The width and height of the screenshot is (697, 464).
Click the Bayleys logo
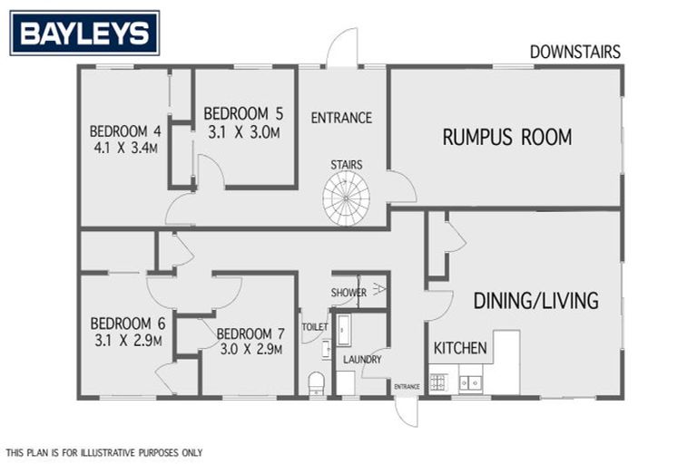pyautogui.click(x=84, y=34)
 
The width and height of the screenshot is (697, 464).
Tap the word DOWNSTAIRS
pyautogui.click(x=575, y=52)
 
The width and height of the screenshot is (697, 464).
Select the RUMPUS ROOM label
pyautogui.click(x=506, y=137)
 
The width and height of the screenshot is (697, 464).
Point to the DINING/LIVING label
pyautogui.click(x=535, y=301)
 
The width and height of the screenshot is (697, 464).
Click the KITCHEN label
pyautogui.click(x=460, y=348)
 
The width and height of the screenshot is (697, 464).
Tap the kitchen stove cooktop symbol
pyautogui.click(x=438, y=382)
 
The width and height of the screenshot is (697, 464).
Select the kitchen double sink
pyautogui.click(x=470, y=382)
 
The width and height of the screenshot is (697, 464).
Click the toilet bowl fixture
pyautogui.click(x=317, y=382)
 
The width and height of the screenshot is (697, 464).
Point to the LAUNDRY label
pyautogui.click(x=362, y=360)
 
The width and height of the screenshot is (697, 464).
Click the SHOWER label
pyautogui.click(x=348, y=293)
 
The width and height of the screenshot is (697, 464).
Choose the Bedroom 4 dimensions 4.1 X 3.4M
pyautogui.click(x=126, y=146)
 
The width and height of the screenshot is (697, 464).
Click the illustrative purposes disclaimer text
pyautogui.click(x=104, y=452)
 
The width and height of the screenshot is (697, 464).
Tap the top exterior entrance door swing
pyautogui.click(x=343, y=47)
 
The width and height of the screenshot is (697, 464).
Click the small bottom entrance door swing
pyautogui.click(x=407, y=411)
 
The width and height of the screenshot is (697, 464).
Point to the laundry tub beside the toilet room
pyautogui.click(x=344, y=330)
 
